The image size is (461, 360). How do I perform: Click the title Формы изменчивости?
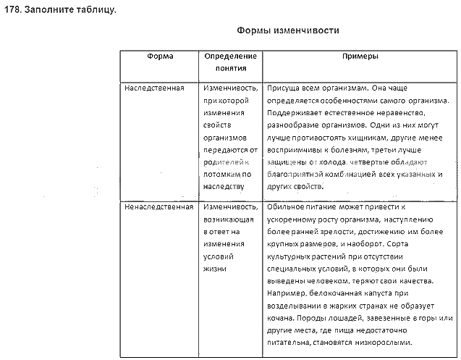pos(288,32)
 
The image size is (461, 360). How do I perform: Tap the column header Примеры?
pos(360,56)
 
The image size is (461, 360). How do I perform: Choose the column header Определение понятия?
pos(230,62)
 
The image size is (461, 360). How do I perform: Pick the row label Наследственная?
pos(155,88)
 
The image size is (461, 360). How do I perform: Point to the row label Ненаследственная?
pos(159,206)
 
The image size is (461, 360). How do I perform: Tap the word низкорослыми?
pos(385,343)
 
